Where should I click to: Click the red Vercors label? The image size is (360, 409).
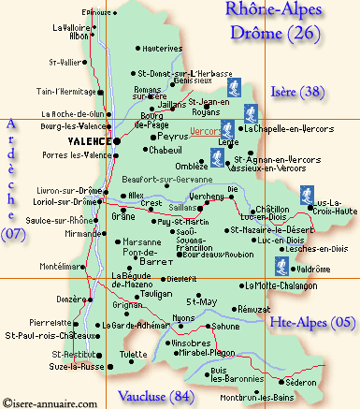(x=209, y=130)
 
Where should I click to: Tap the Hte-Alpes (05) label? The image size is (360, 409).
(x=311, y=322)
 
